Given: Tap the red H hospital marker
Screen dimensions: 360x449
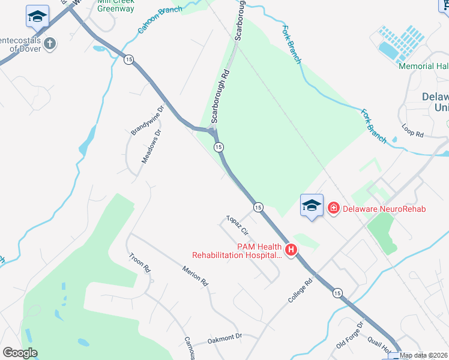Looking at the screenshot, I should (x=291, y=250).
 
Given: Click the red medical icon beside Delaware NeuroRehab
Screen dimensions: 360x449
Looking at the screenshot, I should (x=333, y=209).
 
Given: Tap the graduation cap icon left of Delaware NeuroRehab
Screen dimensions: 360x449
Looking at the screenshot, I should (x=312, y=206).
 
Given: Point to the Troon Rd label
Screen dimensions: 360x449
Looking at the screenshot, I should (x=139, y=263).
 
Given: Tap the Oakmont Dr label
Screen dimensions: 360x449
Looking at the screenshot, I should (x=224, y=339).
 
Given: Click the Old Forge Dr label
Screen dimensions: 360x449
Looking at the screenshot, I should (x=351, y=335).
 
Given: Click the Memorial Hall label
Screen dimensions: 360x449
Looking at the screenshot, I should (x=423, y=66).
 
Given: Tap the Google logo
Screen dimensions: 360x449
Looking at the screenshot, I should (x=20, y=353).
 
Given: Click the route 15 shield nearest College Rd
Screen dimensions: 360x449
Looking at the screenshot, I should (x=337, y=293).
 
